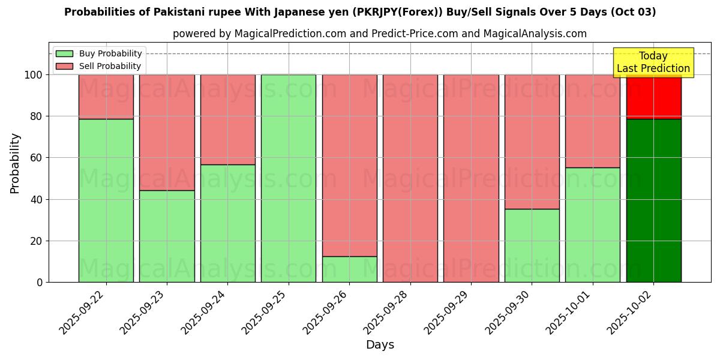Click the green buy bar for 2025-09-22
pos(106,200)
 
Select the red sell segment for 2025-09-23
pos(167,133)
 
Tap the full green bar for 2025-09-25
pos(289,178)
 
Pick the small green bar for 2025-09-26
pos(349,269)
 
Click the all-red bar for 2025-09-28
pos(410,178)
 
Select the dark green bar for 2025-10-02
pos(653,200)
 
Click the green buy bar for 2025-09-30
pos(532,245)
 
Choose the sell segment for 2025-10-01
pos(593,121)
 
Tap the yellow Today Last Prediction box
pos(653,62)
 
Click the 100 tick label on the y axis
pos(33,75)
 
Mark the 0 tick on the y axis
pos(40,283)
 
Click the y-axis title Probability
pos(15,163)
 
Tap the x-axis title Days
pos(380,345)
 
